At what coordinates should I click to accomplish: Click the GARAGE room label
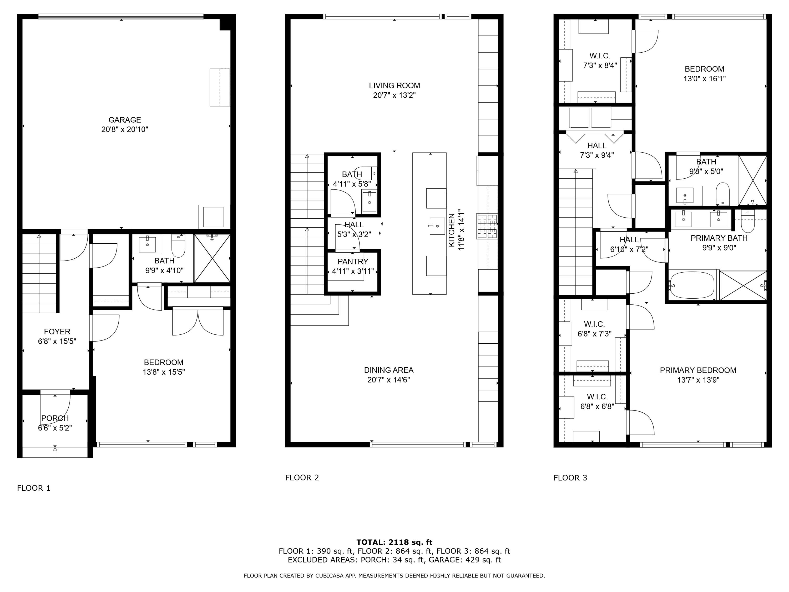[124, 120]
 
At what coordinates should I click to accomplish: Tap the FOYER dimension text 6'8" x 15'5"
[57, 342]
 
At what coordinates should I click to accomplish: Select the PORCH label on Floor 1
[55, 418]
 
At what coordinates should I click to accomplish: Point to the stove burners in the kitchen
[487, 226]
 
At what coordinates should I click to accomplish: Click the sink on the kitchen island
[437, 226]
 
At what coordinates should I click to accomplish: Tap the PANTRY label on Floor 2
[353, 262]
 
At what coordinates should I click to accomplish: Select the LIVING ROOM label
[394, 86]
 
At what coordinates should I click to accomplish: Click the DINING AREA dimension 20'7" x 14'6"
[388, 380]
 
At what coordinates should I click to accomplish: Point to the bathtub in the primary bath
[692, 285]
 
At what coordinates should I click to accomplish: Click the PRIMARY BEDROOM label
[698, 370]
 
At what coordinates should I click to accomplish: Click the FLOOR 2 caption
[302, 478]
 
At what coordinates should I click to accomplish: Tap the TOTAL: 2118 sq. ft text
[394, 542]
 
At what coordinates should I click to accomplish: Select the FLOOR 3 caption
[570, 478]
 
